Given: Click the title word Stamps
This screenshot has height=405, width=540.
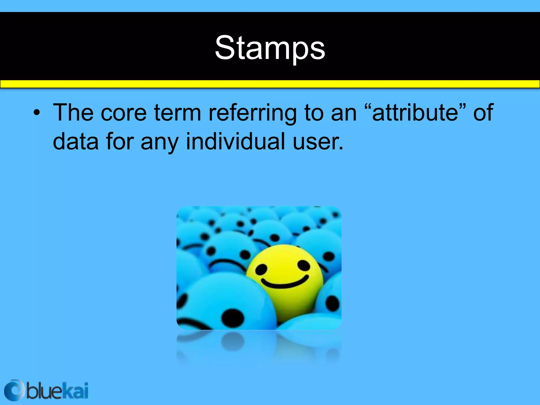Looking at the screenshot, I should point(270,48).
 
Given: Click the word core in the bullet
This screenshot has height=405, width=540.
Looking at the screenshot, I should point(123,113).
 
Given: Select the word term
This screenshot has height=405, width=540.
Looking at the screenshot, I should point(177,113).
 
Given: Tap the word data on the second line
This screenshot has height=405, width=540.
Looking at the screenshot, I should point(76,141).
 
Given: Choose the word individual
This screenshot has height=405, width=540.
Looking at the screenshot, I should point(235,141).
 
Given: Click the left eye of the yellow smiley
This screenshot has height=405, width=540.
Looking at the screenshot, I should point(261,269).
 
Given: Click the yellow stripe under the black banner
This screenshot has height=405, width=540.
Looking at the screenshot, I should point(270,84).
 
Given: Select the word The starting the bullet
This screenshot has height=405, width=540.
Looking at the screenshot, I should point(73,113).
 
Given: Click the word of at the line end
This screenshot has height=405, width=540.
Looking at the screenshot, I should point(483,113).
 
